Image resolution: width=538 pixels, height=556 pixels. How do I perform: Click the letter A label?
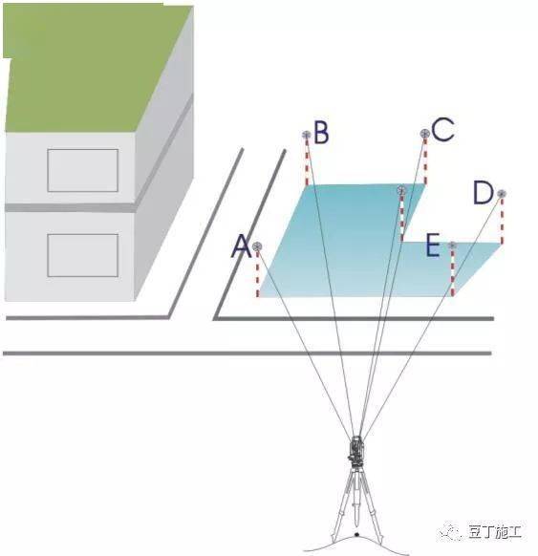241,246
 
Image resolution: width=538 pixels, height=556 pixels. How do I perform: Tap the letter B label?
321,132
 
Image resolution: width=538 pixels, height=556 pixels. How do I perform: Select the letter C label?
443,129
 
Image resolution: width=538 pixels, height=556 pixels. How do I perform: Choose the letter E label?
433,245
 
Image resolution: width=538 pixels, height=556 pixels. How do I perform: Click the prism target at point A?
257,246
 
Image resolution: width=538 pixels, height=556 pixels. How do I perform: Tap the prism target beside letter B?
307,135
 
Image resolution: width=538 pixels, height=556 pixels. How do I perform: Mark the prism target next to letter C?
425,134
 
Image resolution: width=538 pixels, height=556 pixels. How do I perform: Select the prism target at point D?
502,194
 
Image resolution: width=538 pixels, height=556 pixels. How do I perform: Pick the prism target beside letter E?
452,245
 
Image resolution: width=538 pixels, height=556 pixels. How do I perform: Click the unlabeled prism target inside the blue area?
401,190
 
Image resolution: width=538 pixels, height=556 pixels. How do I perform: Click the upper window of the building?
82,171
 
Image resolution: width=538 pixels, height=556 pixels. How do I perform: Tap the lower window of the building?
82,255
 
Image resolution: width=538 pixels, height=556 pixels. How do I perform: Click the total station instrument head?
355,450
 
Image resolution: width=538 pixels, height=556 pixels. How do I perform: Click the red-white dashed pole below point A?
257,274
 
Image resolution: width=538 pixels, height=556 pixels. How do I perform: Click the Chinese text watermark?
495,533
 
